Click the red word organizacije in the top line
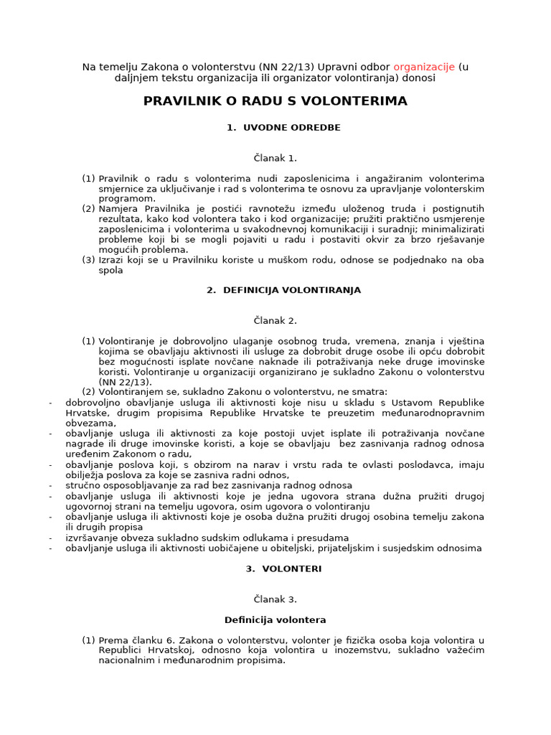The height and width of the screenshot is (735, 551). (424, 67)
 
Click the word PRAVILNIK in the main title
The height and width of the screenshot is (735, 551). (184, 101)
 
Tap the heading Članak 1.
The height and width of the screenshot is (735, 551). (275, 157)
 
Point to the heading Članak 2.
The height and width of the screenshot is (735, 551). (275, 320)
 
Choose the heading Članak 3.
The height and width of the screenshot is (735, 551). (275, 599)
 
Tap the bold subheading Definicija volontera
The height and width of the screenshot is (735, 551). (275, 619)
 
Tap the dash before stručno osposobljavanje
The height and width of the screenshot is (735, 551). (50, 485)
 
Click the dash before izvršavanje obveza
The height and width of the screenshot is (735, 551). (50, 538)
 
